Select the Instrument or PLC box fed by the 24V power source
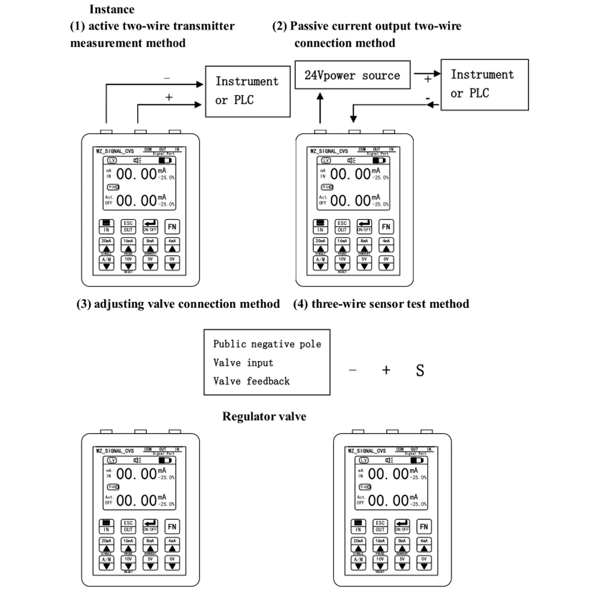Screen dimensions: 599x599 point(484,84)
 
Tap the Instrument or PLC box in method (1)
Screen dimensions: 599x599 point(247,90)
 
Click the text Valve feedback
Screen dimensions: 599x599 point(252,381)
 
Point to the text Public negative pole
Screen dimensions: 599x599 point(267,344)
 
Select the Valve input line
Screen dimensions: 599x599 point(243,362)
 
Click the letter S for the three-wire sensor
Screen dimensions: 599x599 point(420,370)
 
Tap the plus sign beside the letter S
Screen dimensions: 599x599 point(386,370)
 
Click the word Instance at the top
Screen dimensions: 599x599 point(111,9)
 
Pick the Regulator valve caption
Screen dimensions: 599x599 point(264,416)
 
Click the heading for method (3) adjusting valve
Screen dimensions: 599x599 point(178,304)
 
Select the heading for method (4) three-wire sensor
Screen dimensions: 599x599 point(381,304)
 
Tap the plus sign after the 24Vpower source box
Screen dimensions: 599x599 point(428,78)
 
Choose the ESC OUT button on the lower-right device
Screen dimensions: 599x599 point(380,527)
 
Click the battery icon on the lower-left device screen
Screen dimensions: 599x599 point(164,460)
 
